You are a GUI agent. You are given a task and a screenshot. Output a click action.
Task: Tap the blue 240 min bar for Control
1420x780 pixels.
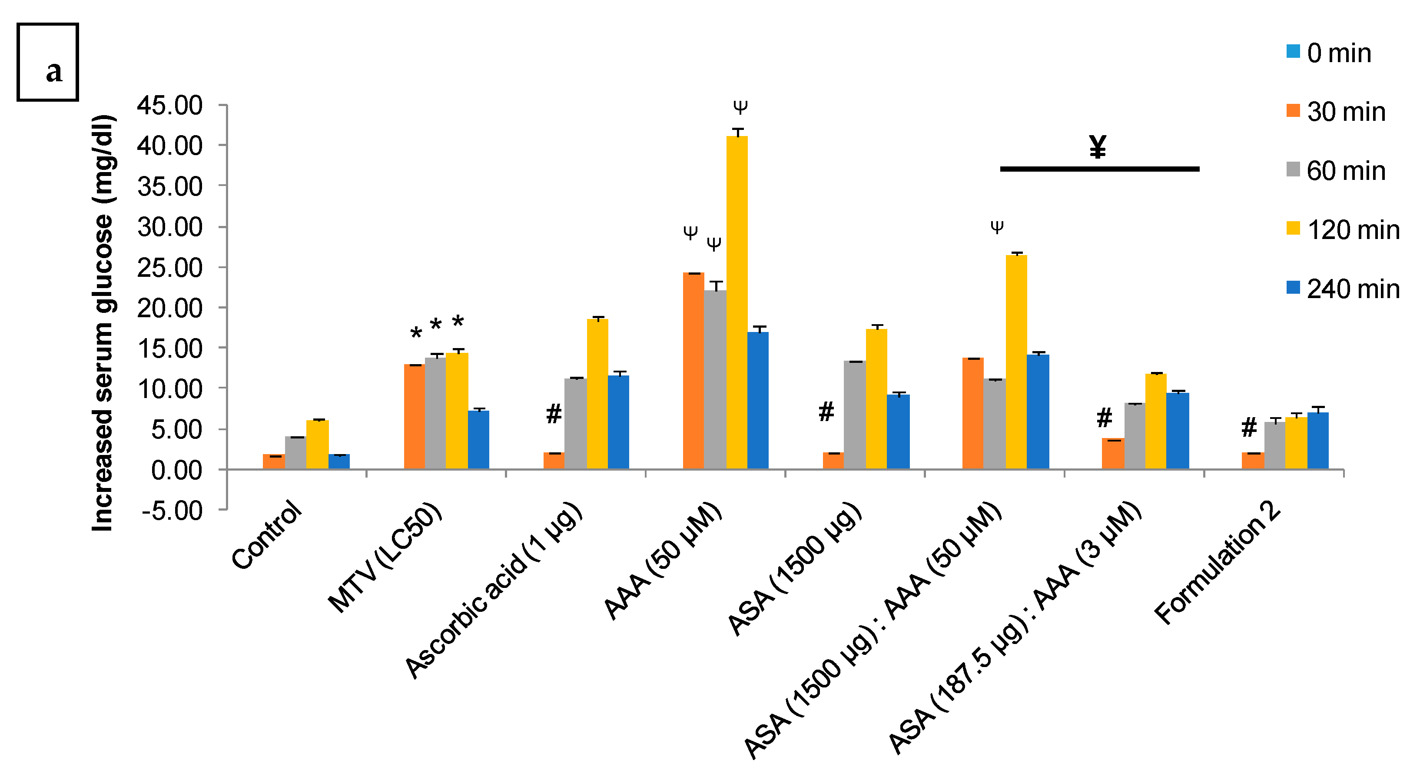pos(339,462)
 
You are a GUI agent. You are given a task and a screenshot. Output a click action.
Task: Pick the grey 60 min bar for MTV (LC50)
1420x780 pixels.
pos(435,413)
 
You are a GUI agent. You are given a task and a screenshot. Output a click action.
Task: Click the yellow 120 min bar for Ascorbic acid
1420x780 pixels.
pos(597,394)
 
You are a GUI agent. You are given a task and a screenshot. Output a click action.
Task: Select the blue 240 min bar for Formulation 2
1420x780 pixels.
pos(1317,441)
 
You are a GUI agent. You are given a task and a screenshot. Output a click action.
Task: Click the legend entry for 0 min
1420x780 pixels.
pos(1328,53)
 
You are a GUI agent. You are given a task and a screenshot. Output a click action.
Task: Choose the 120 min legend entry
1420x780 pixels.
pos(1343,230)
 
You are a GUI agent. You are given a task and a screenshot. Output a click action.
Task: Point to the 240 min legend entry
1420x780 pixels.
pos(1343,289)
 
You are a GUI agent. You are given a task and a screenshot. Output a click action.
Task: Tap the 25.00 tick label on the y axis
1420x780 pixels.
pos(170,268)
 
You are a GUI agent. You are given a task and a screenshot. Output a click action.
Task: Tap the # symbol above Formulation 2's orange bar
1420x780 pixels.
pos(1249,427)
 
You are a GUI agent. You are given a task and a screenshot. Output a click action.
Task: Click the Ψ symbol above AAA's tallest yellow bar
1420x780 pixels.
pos(740,106)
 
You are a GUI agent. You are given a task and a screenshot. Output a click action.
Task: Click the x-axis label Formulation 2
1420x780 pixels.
pos(1217,564)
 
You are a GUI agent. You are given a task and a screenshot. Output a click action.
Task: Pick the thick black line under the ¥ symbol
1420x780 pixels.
pos(1099,169)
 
